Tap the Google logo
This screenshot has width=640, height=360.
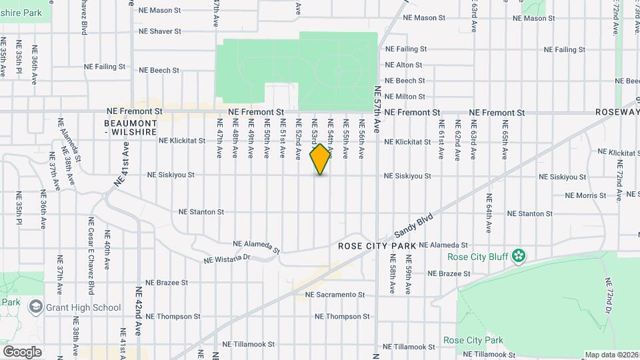point(22,351)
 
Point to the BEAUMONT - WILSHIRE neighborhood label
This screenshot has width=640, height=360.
point(131,128)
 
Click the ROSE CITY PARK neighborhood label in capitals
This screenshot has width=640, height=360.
point(377,246)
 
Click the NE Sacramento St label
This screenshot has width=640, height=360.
point(335,294)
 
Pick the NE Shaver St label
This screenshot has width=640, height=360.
point(160,31)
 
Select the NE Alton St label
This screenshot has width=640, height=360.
point(403,65)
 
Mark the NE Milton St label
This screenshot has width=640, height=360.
point(405,97)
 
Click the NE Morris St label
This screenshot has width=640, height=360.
point(585,195)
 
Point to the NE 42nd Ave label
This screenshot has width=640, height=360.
point(139,311)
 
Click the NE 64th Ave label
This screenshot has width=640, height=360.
point(489,213)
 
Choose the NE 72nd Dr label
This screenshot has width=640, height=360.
point(608,296)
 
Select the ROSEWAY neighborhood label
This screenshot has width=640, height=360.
point(617,113)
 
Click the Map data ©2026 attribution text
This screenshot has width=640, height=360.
point(611,355)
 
